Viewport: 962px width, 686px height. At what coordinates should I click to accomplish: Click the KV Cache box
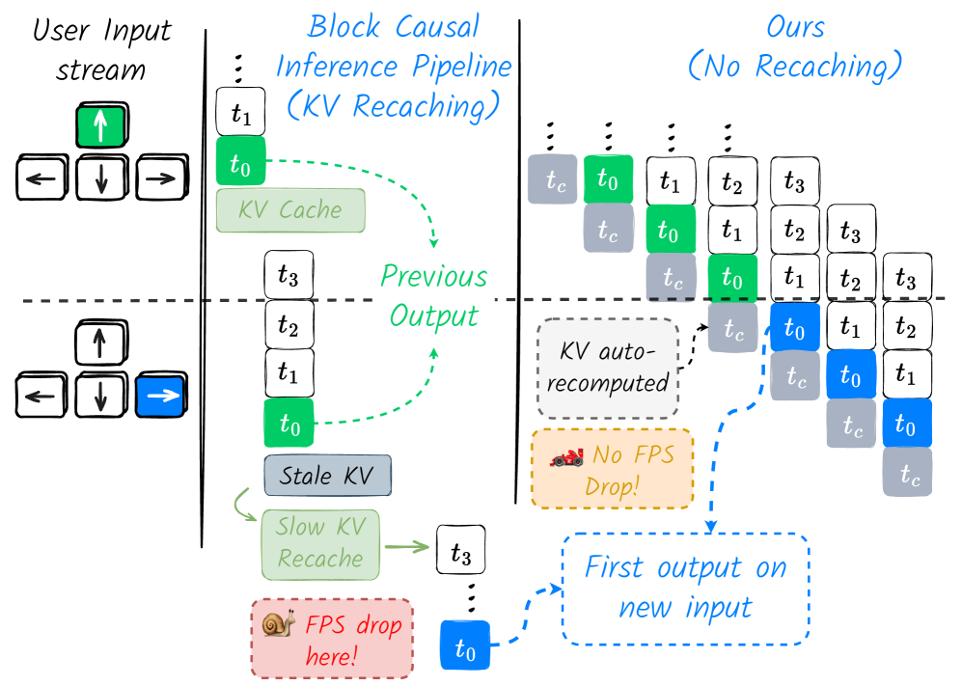[290, 210]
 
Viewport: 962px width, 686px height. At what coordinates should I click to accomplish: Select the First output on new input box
[685, 588]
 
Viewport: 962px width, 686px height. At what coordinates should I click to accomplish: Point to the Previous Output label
[434, 295]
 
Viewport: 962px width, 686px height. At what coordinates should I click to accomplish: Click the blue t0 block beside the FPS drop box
[465, 645]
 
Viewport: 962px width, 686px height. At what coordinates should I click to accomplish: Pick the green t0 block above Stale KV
[289, 423]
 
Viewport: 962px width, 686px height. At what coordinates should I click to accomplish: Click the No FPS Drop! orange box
[612, 469]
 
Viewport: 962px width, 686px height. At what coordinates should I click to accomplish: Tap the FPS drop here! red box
[331, 638]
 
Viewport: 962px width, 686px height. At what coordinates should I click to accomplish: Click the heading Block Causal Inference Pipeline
[394, 68]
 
